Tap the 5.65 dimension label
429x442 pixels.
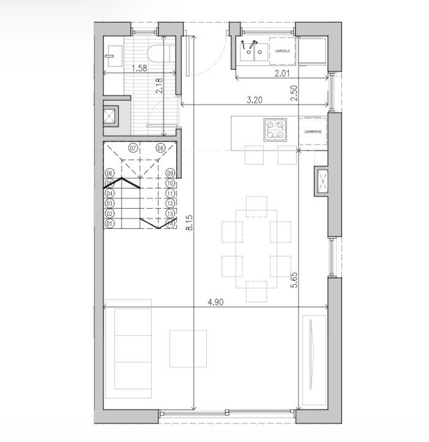pyautogui.click(x=294, y=280)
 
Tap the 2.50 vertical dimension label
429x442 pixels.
pyautogui.click(x=294, y=93)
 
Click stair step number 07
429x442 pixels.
pyautogui.click(x=133, y=148)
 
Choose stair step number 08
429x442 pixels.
pyautogui.click(x=160, y=148)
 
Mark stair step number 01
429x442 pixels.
pyautogui.click(x=110, y=223)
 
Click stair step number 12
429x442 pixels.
pyautogui.click(x=171, y=203)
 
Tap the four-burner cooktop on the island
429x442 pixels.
pyautogui.click(x=274, y=129)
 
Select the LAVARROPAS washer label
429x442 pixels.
pyautogui.click(x=311, y=130)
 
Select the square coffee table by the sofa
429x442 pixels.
pyautogui.click(x=188, y=348)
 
